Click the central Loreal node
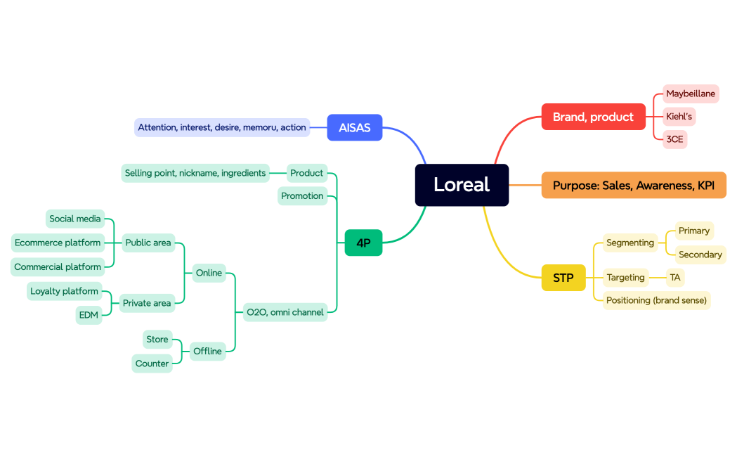[462, 185]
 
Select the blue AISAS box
[355, 127]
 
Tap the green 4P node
[363, 243]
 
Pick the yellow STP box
[563, 278]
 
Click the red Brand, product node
[593, 117]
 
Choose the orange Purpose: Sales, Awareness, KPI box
[633, 186]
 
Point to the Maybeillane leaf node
[691, 94]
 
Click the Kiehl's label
[679, 117]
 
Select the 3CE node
[674, 139]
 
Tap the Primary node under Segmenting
[693, 231]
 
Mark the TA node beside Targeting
[674, 278]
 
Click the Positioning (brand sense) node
[656, 300]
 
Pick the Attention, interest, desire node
[222, 127]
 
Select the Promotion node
[302, 196]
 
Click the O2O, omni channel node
[285, 312]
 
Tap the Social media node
[75, 219]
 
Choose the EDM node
[89, 315]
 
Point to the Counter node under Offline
[152, 363]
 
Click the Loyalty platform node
[64, 291]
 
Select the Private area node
[147, 303]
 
